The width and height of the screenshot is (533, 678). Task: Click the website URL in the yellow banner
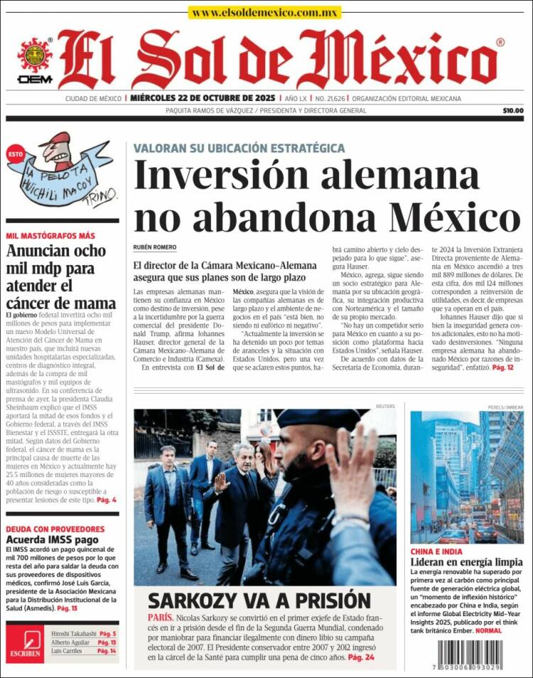click(x=265, y=13)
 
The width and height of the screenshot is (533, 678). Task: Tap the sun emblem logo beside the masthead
click(x=35, y=55)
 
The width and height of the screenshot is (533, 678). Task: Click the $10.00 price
click(x=512, y=110)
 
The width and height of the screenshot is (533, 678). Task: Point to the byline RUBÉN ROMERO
click(x=155, y=247)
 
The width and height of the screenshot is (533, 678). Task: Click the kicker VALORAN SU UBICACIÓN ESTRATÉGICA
click(x=239, y=148)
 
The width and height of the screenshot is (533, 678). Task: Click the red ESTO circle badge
click(x=15, y=151)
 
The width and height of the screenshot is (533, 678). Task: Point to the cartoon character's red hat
click(x=57, y=139)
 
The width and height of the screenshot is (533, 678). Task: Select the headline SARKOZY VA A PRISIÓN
click(x=259, y=600)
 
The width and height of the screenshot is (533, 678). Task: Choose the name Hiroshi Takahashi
click(x=73, y=633)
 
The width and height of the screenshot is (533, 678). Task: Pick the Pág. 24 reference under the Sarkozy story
click(x=361, y=659)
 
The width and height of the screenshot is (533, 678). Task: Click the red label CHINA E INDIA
click(x=436, y=551)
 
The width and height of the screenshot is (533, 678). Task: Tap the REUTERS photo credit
click(x=385, y=406)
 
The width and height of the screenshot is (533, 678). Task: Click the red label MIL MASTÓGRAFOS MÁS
click(x=50, y=236)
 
